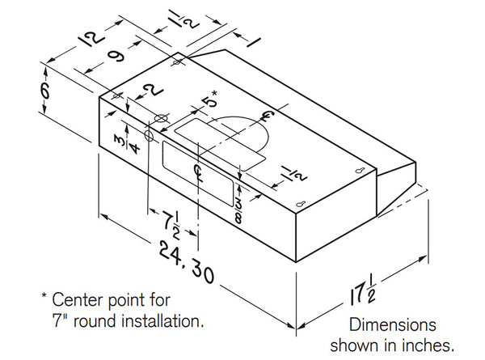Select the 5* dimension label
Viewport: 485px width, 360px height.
pyautogui.click(x=209, y=102)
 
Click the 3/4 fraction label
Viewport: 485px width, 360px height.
pyautogui.click(x=119, y=142)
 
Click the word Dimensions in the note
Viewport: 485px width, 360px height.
pyautogui.click(x=393, y=324)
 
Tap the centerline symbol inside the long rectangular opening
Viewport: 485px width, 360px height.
pyautogui.click(x=199, y=169)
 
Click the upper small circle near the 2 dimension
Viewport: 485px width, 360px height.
pyautogui.click(x=160, y=119)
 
